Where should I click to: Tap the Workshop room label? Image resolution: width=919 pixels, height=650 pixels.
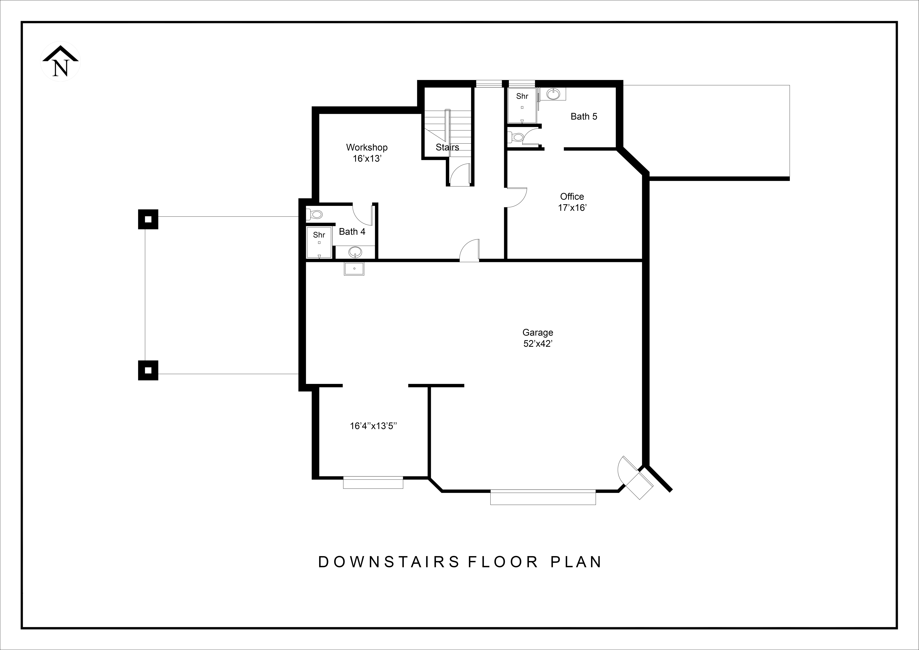coord(367,147)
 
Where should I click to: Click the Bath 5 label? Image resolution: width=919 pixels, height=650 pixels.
coord(584,117)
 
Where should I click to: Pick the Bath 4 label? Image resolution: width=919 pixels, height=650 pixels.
coord(352,231)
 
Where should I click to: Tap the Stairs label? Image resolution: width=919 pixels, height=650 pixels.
coord(447,147)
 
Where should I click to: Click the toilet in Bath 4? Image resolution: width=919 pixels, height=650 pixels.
coord(314,215)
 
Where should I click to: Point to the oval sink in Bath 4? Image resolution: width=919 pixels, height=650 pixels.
coord(355,252)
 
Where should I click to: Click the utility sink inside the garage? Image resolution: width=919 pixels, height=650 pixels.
coord(354,269)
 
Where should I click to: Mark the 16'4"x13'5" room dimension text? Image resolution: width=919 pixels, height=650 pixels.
coord(373,426)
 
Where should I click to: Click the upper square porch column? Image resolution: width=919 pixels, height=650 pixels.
coord(148,219)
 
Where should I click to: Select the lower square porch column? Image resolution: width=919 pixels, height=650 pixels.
coord(148,370)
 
